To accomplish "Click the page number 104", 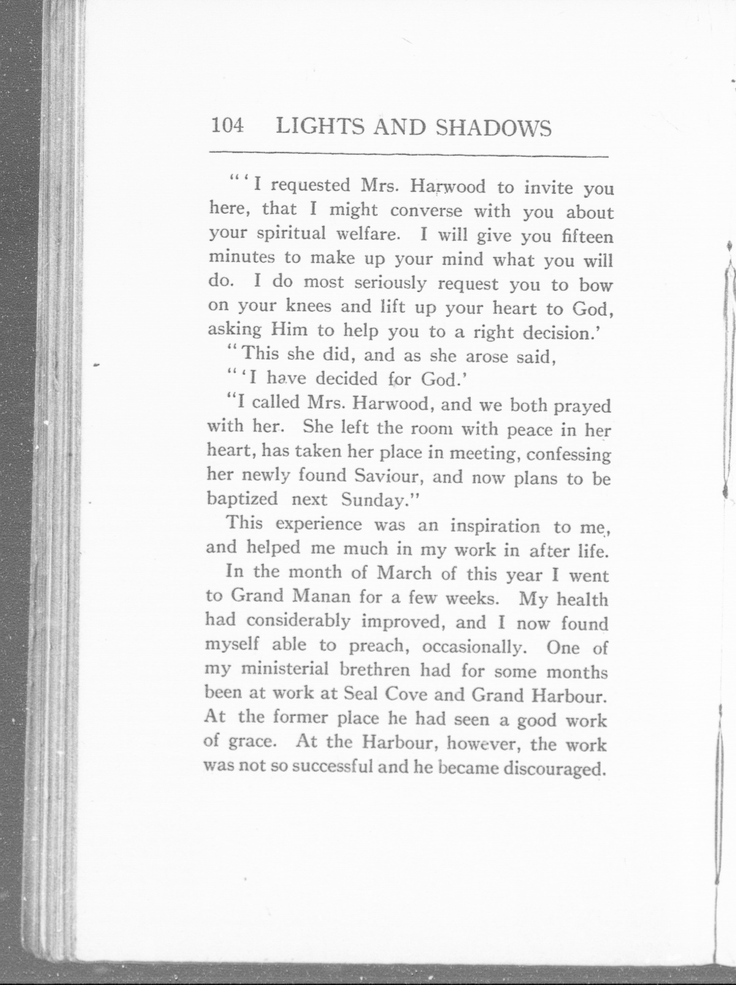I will pos(228,127).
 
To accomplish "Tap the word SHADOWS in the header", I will pos(493,128).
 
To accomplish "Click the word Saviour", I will pos(386,477).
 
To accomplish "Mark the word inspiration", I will pos(495,527).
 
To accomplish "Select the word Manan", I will pos(321,597).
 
